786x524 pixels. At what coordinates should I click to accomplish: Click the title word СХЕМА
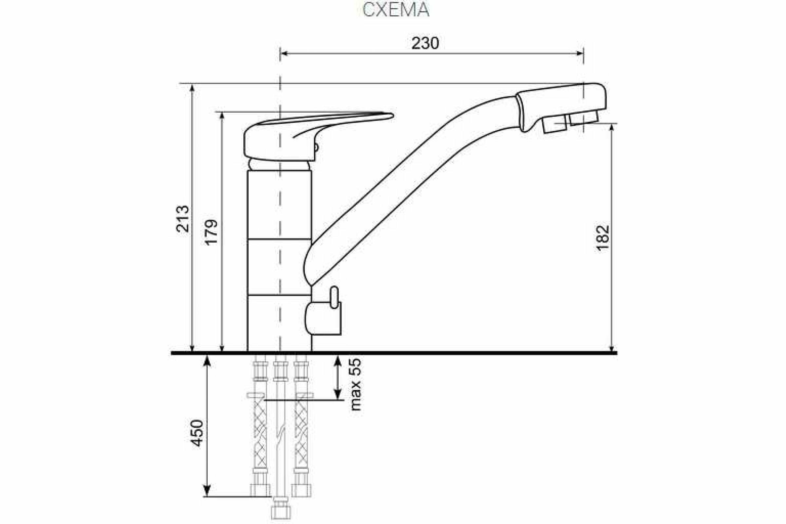396,10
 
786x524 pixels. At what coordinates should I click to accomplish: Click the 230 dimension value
425,44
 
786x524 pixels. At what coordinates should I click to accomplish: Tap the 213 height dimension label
183,219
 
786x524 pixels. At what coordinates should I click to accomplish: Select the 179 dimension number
211,232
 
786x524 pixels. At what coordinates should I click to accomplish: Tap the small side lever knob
334,298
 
